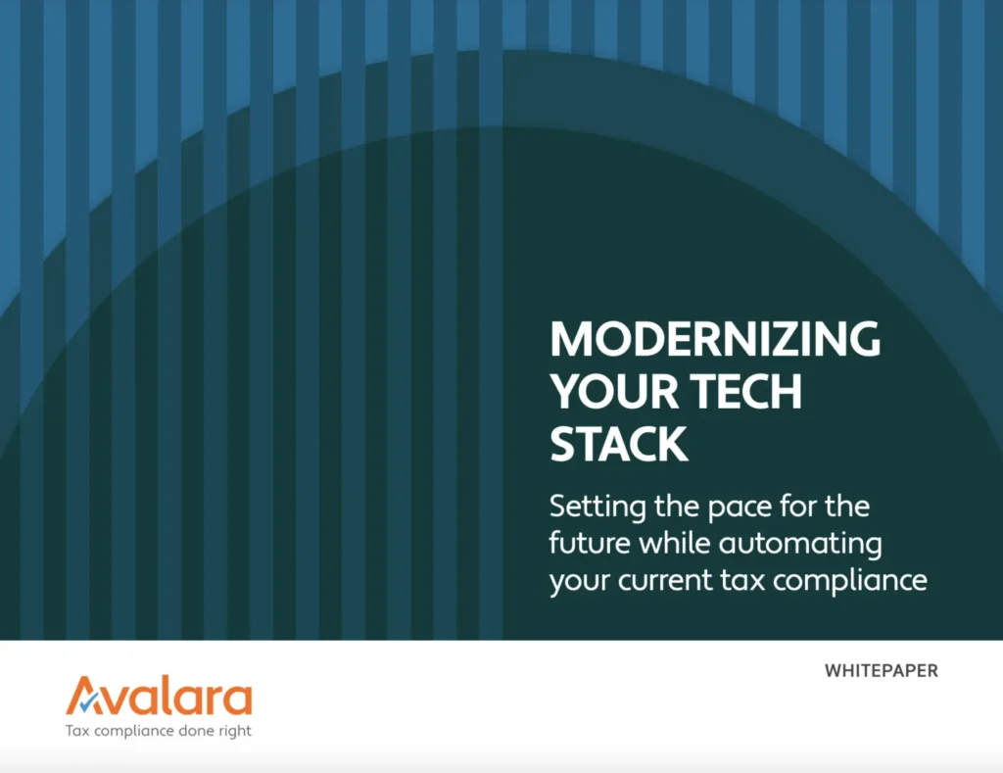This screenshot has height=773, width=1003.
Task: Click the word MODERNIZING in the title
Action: pyautogui.click(x=715, y=340)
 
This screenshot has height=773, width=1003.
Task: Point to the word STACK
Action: pyautogui.click(x=618, y=444)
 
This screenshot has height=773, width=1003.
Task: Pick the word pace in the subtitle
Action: pyautogui.click(x=735, y=508)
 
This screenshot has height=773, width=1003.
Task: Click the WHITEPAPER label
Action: pyautogui.click(x=882, y=672)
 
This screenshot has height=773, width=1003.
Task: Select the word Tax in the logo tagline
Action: pyautogui.click(x=75, y=732)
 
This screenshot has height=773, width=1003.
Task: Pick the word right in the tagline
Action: pyautogui.click(x=233, y=732)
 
